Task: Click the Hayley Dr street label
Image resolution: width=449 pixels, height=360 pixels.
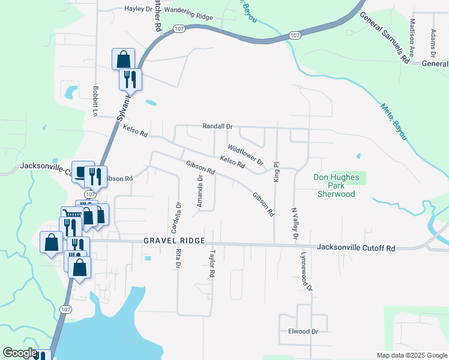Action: point(137,9)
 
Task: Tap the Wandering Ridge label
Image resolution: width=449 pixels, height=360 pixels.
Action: point(188,14)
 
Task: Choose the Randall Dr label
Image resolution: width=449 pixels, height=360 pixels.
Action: point(217,127)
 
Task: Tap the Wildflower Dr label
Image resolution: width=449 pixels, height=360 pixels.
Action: point(245,154)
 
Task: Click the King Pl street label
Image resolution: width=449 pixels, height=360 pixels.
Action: point(276,172)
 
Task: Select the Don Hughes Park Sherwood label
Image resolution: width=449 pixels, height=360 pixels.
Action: point(337,185)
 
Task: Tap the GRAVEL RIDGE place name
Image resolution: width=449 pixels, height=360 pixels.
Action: point(174,241)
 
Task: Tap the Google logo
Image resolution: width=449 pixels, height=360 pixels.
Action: point(20,353)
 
